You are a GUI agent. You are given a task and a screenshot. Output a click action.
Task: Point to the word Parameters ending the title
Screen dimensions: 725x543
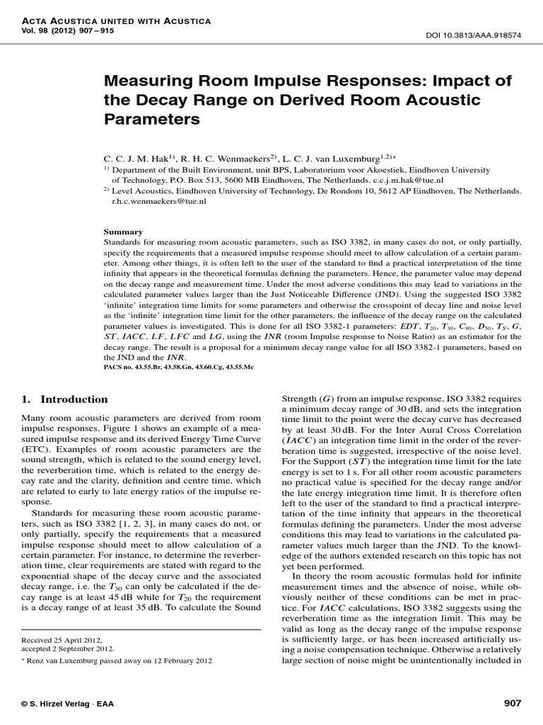click(x=152, y=119)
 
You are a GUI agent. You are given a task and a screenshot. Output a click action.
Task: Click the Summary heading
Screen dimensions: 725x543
click(x=123, y=232)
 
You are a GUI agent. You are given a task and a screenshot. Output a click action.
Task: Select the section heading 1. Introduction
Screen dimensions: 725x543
click(x=64, y=399)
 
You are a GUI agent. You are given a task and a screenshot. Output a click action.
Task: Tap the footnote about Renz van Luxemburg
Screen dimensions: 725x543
click(x=124, y=661)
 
